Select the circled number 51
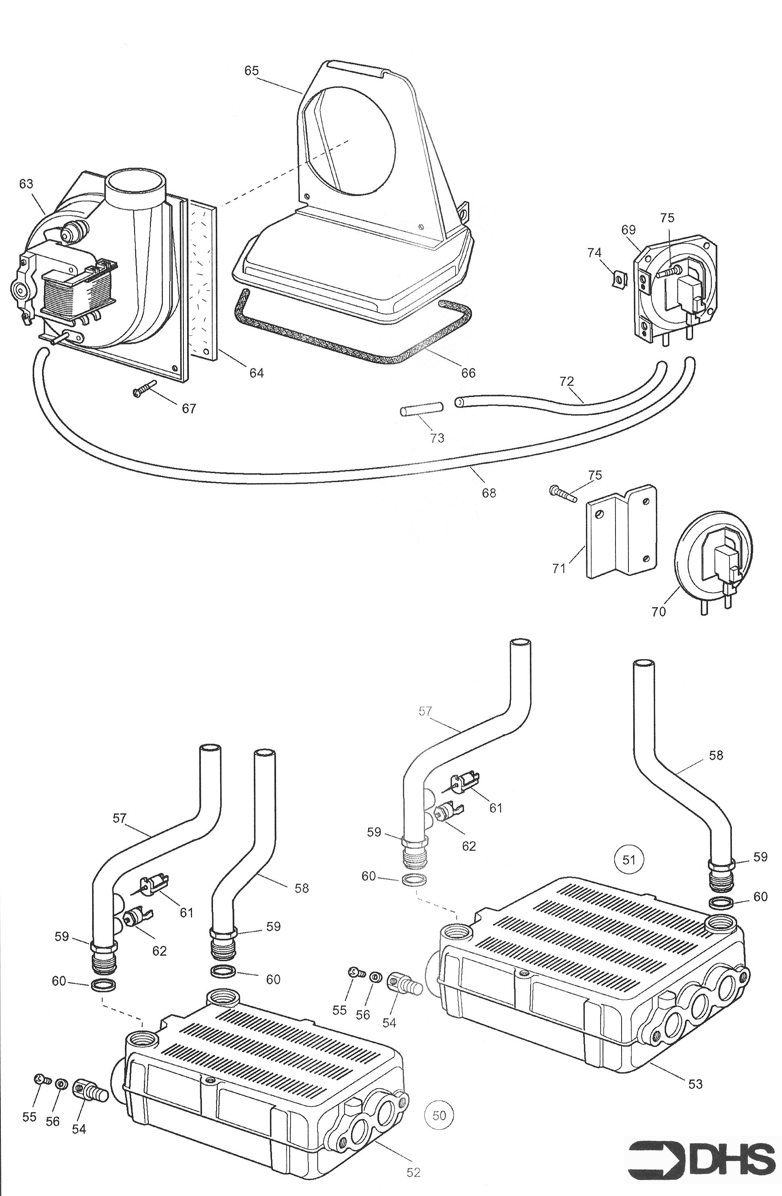click(x=629, y=859)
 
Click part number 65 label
click(x=251, y=70)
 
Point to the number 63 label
click(x=26, y=184)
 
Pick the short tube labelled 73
click(x=421, y=408)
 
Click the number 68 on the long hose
click(x=489, y=493)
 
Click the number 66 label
click(x=468, y=373)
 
